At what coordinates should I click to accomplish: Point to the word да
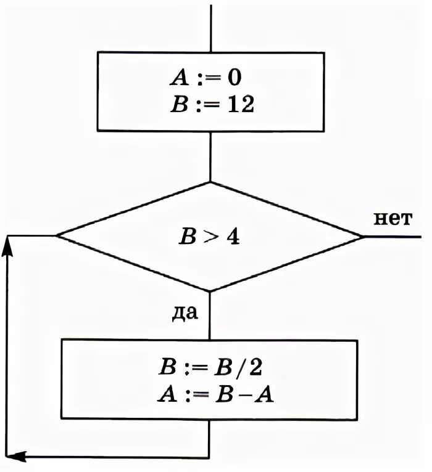coord(185,313)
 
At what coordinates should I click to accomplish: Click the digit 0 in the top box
coord(235,78)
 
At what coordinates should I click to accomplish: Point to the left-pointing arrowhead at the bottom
coord(18,457)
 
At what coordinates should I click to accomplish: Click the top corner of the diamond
coord(210,182)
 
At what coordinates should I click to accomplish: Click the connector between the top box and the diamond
coord(210,157)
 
